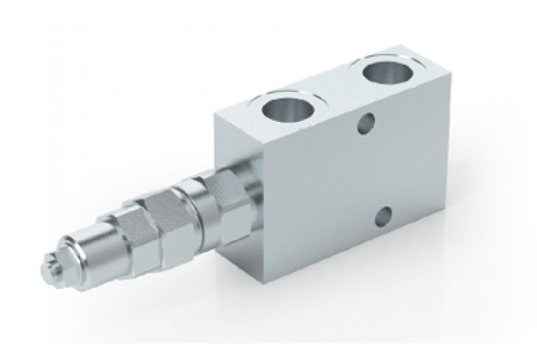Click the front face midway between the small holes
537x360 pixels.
(x=375, y=169)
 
